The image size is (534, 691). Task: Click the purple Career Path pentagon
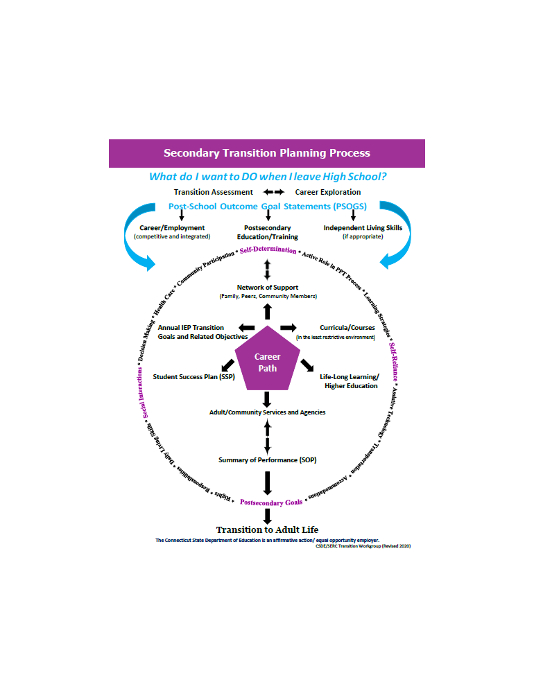tap(267, 362)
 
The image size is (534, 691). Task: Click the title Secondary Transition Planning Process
tap(267, 153)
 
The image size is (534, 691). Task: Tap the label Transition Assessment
tap(213, 192)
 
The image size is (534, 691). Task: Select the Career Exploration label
tap(328, 192)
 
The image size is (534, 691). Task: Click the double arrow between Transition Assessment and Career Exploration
tap(273, 192)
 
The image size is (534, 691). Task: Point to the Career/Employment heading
tap(172, 228)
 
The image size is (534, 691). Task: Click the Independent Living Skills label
tap(363, 228)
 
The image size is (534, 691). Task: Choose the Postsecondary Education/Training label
tap(268, 232)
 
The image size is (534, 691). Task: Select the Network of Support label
tap(268, 288)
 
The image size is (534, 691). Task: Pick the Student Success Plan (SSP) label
tap(194, 377)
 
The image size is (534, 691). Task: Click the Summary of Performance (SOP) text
tap(268, 460)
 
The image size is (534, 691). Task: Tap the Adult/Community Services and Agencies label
tap(268, 412)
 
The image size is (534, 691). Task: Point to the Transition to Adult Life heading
tap(267, 530)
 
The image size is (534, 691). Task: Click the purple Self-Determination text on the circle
tap(268, 250)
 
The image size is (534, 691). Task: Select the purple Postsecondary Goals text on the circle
tap(271, 502)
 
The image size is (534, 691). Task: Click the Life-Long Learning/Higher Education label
tap(350, 381)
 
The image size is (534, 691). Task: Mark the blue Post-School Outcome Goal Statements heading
tap(268, 207)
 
